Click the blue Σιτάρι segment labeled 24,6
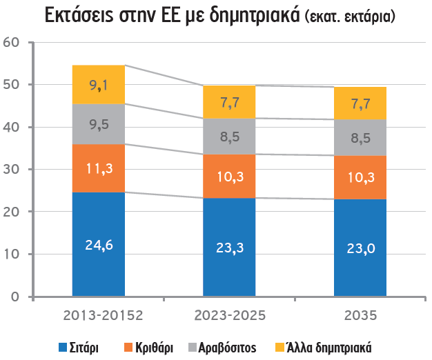pyautogui.click(x=99, y=244)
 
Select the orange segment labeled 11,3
pyautogui.click(x=99, y=168)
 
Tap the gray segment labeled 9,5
pyautogui.click(x=99, y=124)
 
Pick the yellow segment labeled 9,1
pyautogui.click(x=99, y=85)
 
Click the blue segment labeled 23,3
pyautogui.click(x=229, y=247)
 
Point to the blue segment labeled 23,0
pyautogui.click(x=360, y=248)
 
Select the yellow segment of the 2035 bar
pyautogui.click(x=360, y=103)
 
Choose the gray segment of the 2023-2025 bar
pyautogui.click(x=229, y=136)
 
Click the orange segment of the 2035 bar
pyautogui.click(x=360, y=177)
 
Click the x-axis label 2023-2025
pyautogui.click(x=229, y=316)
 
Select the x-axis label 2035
pyautogui.click(x=360, y=316)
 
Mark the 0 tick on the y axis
pyautogui.click(x=16, y=297)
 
